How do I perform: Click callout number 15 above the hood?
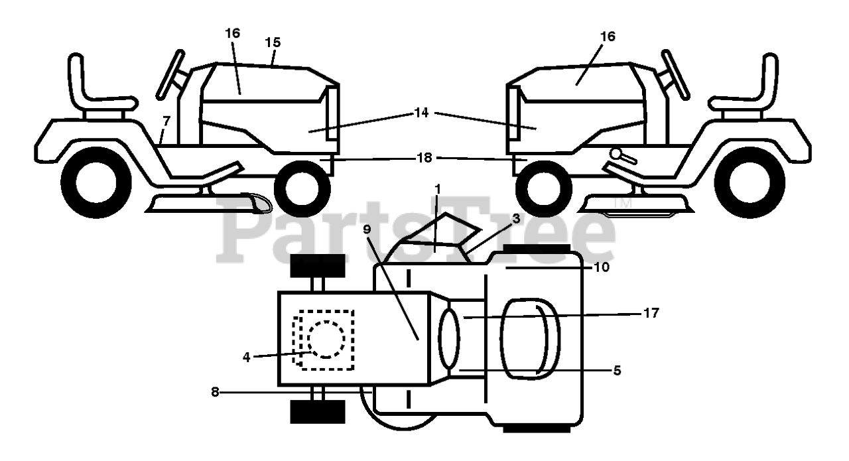coord(273,42)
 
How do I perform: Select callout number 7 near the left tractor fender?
coord(166,122)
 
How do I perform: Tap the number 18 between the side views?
coord(424,158)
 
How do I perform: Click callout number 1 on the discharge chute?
coord(438,189)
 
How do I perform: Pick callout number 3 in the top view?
coord(516,218)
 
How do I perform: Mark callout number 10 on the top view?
coord(602,267)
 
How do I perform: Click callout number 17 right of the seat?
coord(651,312)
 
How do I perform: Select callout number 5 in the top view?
coord(617,370)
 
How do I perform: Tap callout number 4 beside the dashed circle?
coord(246,356)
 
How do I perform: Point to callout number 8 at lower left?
coord(215,392)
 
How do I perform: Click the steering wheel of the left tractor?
coord(169,74)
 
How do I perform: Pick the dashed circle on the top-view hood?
coord(326,339)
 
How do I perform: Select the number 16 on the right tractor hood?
coord(607,36)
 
